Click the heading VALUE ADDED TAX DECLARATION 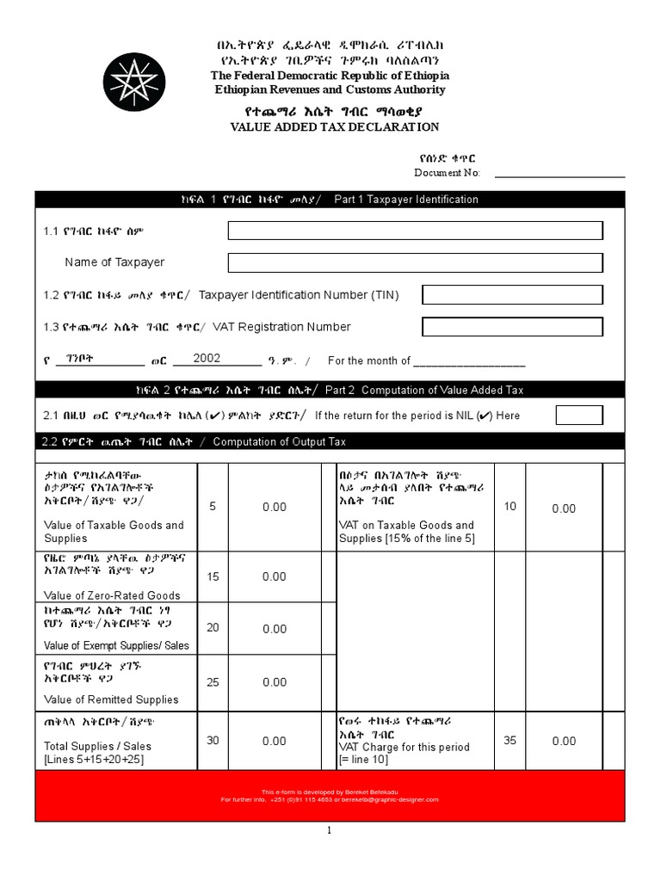335,127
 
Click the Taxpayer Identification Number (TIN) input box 512,295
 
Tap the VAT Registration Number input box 512,327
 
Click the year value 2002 207,359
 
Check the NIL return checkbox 579,416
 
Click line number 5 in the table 212,507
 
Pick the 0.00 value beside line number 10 564,508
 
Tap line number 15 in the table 212,576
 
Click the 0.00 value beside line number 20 274,629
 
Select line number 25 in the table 212,681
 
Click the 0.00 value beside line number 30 274,741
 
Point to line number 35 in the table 510,741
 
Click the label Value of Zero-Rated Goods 112,595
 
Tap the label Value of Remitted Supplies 111,699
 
